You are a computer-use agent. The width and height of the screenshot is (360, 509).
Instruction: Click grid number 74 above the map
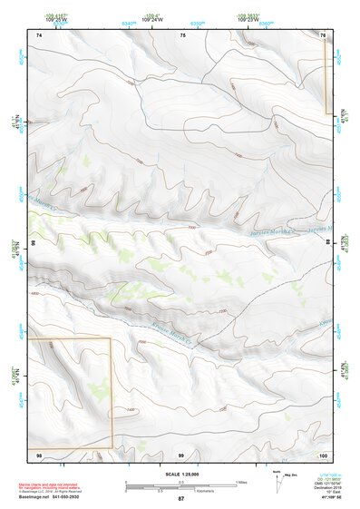[39, 34]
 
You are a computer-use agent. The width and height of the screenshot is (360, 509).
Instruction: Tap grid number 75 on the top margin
[182, 34]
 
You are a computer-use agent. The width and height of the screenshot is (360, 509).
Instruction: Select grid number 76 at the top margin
[324, 34]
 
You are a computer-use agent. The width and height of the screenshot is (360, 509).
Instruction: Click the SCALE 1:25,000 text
[180, 475]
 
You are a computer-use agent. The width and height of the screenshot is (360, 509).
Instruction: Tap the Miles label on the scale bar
[241, 481]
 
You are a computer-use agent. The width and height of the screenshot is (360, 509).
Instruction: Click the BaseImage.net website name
[49, 496]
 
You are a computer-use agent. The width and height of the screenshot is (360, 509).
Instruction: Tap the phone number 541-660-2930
[92, 496]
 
